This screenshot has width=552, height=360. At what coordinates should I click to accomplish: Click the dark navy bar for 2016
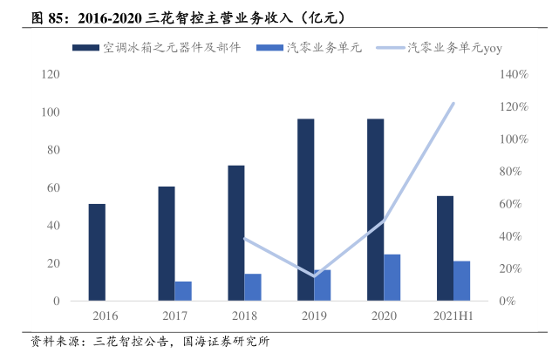click(97, 252)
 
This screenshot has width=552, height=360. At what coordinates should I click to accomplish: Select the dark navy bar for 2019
click(305, 210)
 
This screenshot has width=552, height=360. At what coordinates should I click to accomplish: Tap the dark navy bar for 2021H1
click(445, 248)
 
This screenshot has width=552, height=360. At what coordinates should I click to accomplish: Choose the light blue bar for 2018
click(253, 287)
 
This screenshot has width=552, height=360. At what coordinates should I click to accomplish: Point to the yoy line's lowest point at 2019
click(314, 276)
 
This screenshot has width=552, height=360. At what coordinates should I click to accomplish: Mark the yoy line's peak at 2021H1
click(453, 104)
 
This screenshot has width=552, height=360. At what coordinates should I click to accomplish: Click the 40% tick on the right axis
click(511, 236)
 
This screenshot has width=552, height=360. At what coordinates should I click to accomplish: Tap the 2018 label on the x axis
click(244, 316)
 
